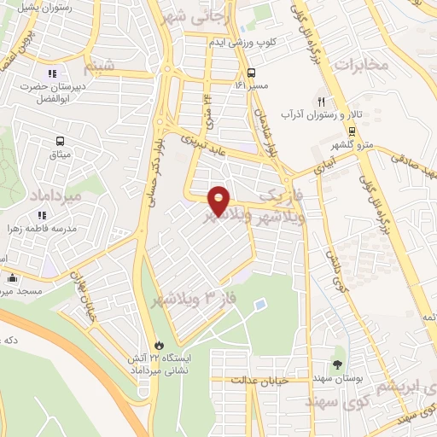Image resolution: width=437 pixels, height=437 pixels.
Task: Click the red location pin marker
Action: tap(219, 200)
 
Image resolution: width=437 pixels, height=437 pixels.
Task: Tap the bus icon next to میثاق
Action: tap(59, 141)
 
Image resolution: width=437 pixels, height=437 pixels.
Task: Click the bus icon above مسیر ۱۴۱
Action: tap(251, 73)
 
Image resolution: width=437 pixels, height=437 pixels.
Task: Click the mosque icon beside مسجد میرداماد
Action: tap(12, 277)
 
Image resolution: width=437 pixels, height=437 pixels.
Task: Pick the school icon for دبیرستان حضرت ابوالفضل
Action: tap(52, 73)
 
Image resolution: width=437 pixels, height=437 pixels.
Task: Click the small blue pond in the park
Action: tap(259, 304)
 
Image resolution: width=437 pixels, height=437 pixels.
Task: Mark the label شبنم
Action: tap(97, 64)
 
